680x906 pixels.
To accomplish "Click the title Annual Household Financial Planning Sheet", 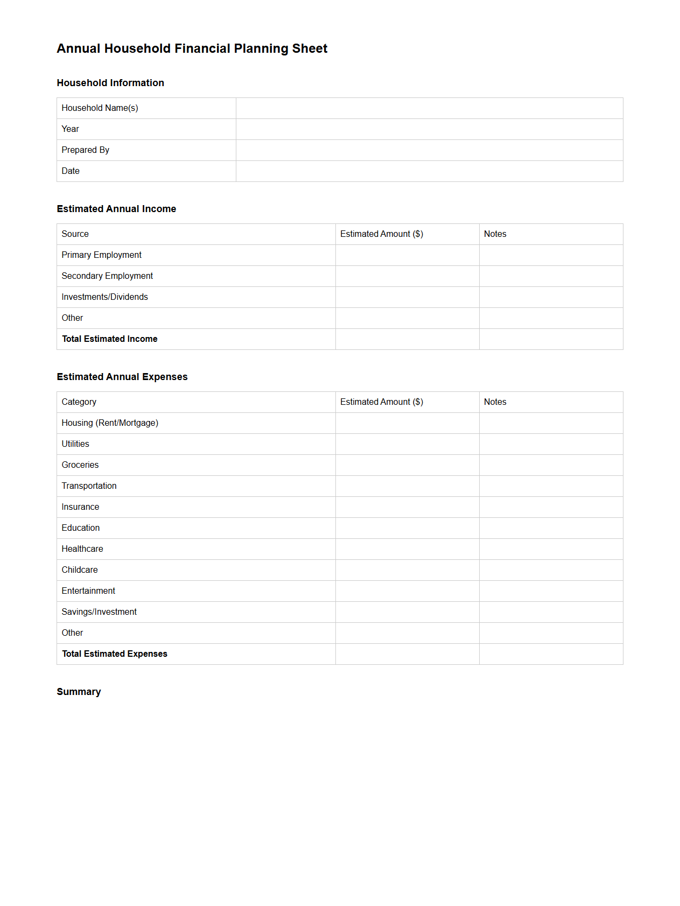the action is pyautogui.click(x=192, y=48).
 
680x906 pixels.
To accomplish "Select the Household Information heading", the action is pyautogui.click(x=110, y=83).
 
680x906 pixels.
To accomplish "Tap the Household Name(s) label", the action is pyautogui.click(x=100, y=108).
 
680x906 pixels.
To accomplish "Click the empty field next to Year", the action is pyautogui.click(x=429, y=129).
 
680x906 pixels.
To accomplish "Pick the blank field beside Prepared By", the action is pyautogui.click(x=429, y=150).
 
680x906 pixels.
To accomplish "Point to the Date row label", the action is pyautogui.click(x=71, y=171).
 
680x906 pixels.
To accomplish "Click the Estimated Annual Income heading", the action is pyautogui.click(x=116, y=209).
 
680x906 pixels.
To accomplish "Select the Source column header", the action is pyautogui.click(x=75, y=234).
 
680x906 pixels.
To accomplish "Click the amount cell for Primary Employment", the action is pyautogui.click(x=407, y=255).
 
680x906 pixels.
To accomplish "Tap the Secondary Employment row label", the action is pyautogui.click(x=107, y=276).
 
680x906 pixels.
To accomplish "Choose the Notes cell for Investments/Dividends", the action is pyautogui.click(x=551, y=297).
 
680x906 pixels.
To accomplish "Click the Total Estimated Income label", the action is pyautogui.click(x=110, y=339).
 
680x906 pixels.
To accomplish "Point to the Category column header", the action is pyautogui.click(x=79, y=402).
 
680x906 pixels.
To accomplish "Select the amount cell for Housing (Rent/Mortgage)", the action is pyautogui.click(x=407, y=423).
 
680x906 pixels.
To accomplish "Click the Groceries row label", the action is pyautogui.click(x=80, y=465).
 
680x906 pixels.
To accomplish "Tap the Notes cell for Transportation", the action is pyautogui.click(x=551, y=486).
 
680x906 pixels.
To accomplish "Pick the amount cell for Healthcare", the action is pyautogui.click(x=407, y=549).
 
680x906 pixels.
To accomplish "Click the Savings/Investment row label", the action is pyautogui.click(x=99, y=612).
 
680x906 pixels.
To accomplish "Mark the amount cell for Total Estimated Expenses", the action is pyautogui.click(x=407, y=654).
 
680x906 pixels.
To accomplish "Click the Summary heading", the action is pyautogui.click(x=79, y=692).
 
